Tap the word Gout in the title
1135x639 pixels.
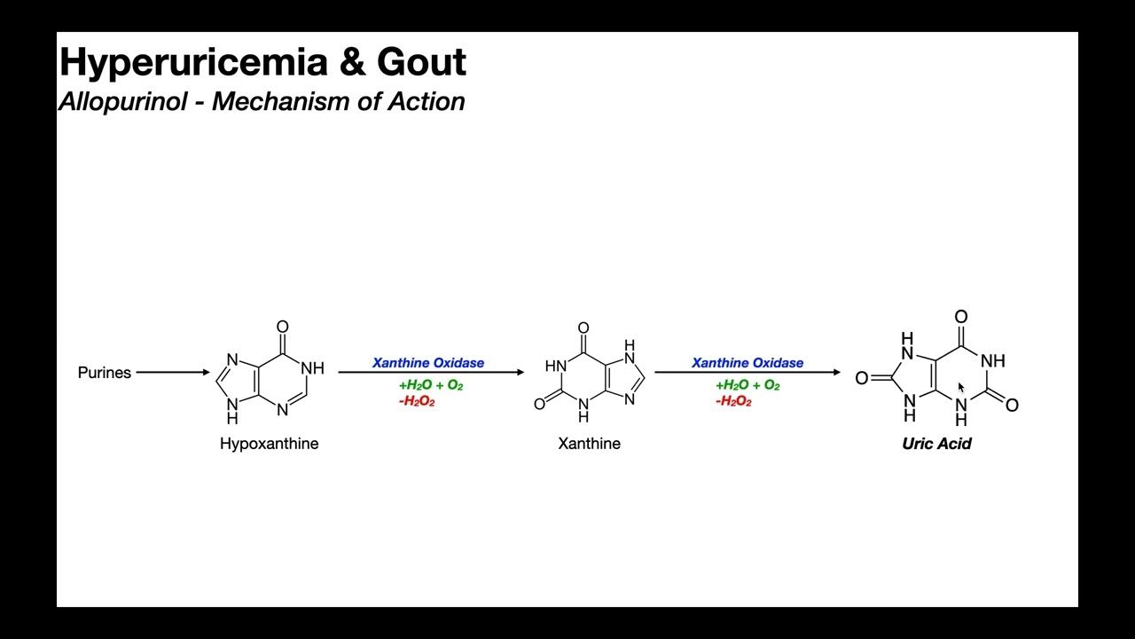coord(421,62)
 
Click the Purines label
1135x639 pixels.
coord(105,373)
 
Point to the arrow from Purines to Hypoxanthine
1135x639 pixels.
coord(173,373)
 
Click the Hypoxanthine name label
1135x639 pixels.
coord(269,444)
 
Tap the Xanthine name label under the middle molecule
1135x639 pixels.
coord(589,444)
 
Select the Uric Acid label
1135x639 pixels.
coord(936,444)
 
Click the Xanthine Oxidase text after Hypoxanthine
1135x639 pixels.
coord(428,363)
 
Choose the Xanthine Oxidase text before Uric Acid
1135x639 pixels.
coord(748,363)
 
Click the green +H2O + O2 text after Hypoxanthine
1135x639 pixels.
coord(431,385)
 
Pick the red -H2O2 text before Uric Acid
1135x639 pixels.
coord(733,401)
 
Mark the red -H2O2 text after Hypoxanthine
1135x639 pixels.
coord(417,401)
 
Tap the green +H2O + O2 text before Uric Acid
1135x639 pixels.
coord(748,385)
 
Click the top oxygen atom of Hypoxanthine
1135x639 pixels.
coord(283,327)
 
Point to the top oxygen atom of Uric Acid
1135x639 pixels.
coord(960,317)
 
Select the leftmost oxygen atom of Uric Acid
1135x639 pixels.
coord(861,379)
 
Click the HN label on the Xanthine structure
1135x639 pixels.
coord(555,366)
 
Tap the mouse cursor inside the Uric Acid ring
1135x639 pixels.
coord(961,388)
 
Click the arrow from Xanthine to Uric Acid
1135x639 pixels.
coord(748,373)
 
